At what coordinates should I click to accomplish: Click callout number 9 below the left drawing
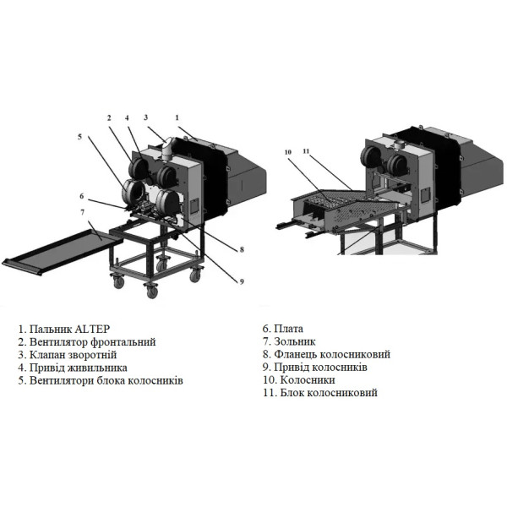(x=240, y=281)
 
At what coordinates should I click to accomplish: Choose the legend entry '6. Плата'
(x=282, y=329)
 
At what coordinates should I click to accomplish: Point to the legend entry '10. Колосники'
(x=292, y=380)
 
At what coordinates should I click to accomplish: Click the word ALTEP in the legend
(x=91, y=329)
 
